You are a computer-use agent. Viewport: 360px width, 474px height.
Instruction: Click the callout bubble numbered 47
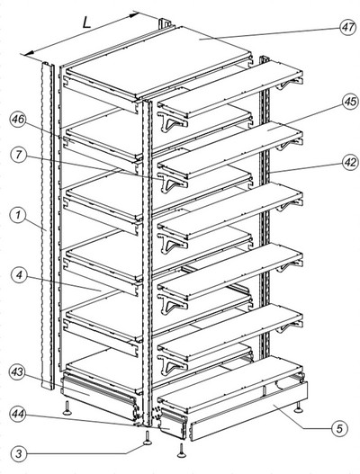348,27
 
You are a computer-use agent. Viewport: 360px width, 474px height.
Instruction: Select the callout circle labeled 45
351,102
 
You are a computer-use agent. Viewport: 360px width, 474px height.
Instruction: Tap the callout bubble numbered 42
351,162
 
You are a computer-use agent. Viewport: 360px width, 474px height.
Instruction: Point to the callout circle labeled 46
17,120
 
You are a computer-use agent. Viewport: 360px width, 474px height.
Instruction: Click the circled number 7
19,155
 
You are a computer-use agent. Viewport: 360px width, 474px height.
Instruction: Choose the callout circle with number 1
18,216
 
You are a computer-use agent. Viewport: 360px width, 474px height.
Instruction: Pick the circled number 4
19,276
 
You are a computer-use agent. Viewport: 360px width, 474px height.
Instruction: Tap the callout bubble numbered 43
17,372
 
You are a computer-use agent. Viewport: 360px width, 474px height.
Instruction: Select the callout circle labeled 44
17,413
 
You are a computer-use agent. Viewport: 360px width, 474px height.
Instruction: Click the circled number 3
19,453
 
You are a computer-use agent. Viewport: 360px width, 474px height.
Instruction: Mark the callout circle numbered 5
339,428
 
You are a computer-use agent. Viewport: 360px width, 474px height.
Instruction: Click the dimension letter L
86,22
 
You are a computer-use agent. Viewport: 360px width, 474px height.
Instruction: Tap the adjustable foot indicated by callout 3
148,438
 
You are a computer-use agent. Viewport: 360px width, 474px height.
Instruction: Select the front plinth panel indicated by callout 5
248,411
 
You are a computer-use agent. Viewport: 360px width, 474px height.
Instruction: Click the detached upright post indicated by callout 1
47,225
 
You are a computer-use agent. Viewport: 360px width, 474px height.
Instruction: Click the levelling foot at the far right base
299,407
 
